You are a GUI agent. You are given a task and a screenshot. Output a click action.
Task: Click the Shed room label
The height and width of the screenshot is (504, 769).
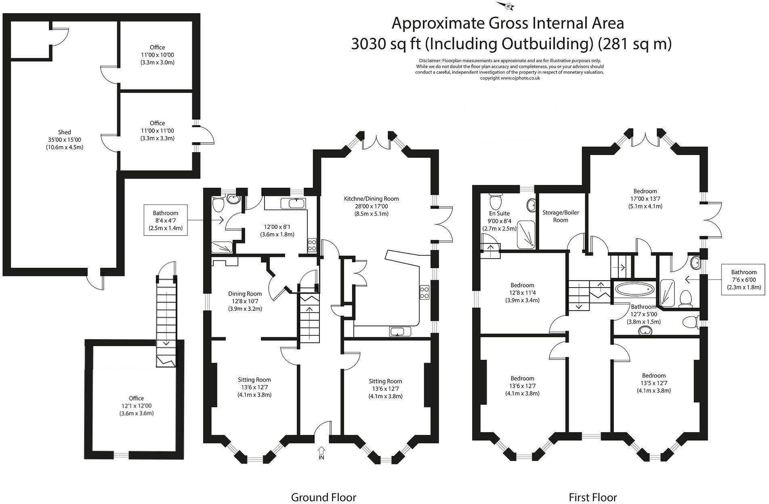[64, 139]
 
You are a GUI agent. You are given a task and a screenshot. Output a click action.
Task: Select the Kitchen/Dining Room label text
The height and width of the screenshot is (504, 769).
[371, 206]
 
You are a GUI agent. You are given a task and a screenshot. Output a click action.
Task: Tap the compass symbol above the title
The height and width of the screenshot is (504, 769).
[507, 6]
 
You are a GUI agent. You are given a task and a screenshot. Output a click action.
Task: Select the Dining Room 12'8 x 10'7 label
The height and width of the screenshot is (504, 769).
[245, 301]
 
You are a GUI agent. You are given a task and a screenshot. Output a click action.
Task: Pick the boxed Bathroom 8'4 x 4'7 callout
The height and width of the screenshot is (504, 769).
[165, 220]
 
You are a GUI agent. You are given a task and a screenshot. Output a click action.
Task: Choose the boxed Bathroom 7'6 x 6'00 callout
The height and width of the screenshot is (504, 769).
[744, 279]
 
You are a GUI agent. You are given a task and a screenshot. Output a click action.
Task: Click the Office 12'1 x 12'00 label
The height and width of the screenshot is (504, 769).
[137, 405]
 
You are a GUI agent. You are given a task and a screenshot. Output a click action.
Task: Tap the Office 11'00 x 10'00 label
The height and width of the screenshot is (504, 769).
[157, 55]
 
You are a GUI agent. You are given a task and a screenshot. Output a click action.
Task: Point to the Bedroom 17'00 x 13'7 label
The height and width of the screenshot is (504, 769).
[645, 198]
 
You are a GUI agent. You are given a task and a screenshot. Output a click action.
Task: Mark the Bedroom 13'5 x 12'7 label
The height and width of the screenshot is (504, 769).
[653, 383]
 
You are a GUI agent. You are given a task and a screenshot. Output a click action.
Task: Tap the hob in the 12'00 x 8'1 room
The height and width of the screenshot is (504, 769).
[312, 245]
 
